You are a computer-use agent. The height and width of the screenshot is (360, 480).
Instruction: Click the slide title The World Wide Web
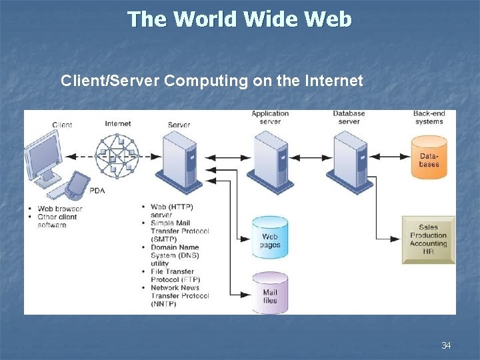tap(239, 19)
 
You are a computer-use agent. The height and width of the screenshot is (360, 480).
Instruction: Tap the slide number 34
tap(446, 345)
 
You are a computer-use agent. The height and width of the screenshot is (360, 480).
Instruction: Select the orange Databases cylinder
tap(429, 158)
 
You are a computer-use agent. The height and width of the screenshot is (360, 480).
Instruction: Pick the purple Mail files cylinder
tap(270, 293)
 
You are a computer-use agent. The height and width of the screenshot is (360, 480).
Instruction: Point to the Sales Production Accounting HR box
tap(428, 239)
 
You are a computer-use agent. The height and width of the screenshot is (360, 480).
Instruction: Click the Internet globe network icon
tap(117, 157)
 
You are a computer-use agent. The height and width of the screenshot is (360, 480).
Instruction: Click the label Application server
tap(270, 117)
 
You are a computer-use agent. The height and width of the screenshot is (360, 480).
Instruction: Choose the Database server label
tap(349, 117)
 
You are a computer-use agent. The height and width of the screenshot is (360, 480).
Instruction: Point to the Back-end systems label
tap(429, 117)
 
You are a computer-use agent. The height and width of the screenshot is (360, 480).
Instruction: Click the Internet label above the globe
tap(118, 123)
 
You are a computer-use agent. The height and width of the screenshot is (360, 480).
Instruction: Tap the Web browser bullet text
tap(60, 209)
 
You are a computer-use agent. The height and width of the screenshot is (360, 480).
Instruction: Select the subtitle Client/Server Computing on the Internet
tap(211, 81)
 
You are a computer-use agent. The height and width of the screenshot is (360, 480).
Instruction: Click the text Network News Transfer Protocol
tap(179, 296)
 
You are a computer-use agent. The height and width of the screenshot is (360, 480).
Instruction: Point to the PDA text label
tap(97, 191)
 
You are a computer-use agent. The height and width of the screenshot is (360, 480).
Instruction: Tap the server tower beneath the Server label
tap(179, 160)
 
